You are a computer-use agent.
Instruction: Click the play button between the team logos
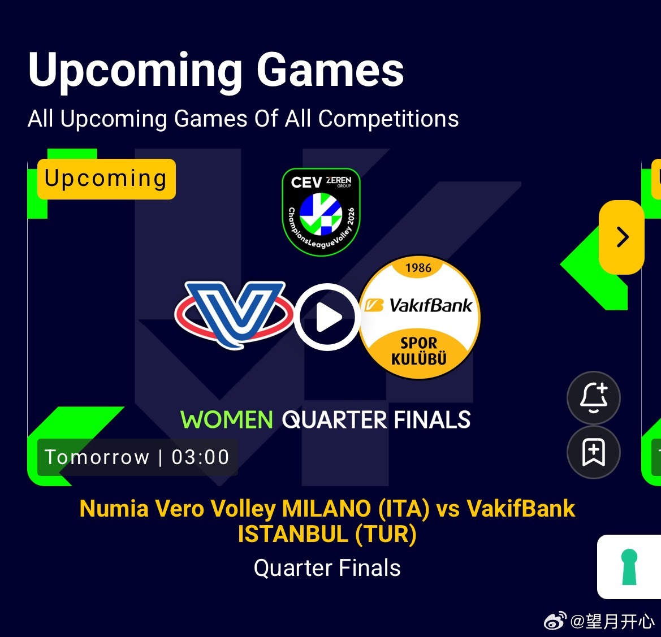click(327, 317)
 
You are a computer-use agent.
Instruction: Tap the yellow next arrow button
click(622, 237)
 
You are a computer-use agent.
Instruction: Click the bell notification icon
click(594, 398)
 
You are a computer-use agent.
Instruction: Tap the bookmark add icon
click(594, 452)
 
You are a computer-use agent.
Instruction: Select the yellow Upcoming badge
click(106, 179)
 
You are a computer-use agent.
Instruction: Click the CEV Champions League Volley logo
click(321, 212)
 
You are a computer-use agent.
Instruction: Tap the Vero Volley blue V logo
click(234, 314)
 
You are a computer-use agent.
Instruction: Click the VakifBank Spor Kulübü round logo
click(419, 317)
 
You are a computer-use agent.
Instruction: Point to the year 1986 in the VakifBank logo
click(418, 268)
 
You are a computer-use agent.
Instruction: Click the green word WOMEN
click(226, 420)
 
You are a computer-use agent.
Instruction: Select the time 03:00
click(201, 457)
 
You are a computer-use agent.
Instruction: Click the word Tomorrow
click(97, 457)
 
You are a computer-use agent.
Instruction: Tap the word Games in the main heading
click(330, 70)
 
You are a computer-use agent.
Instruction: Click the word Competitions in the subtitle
click(388, 119)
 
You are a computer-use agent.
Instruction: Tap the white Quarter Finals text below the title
click(327, 568)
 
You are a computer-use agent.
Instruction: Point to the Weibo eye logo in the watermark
click(555, 621)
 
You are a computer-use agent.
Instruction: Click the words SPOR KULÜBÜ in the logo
click(418, 351)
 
